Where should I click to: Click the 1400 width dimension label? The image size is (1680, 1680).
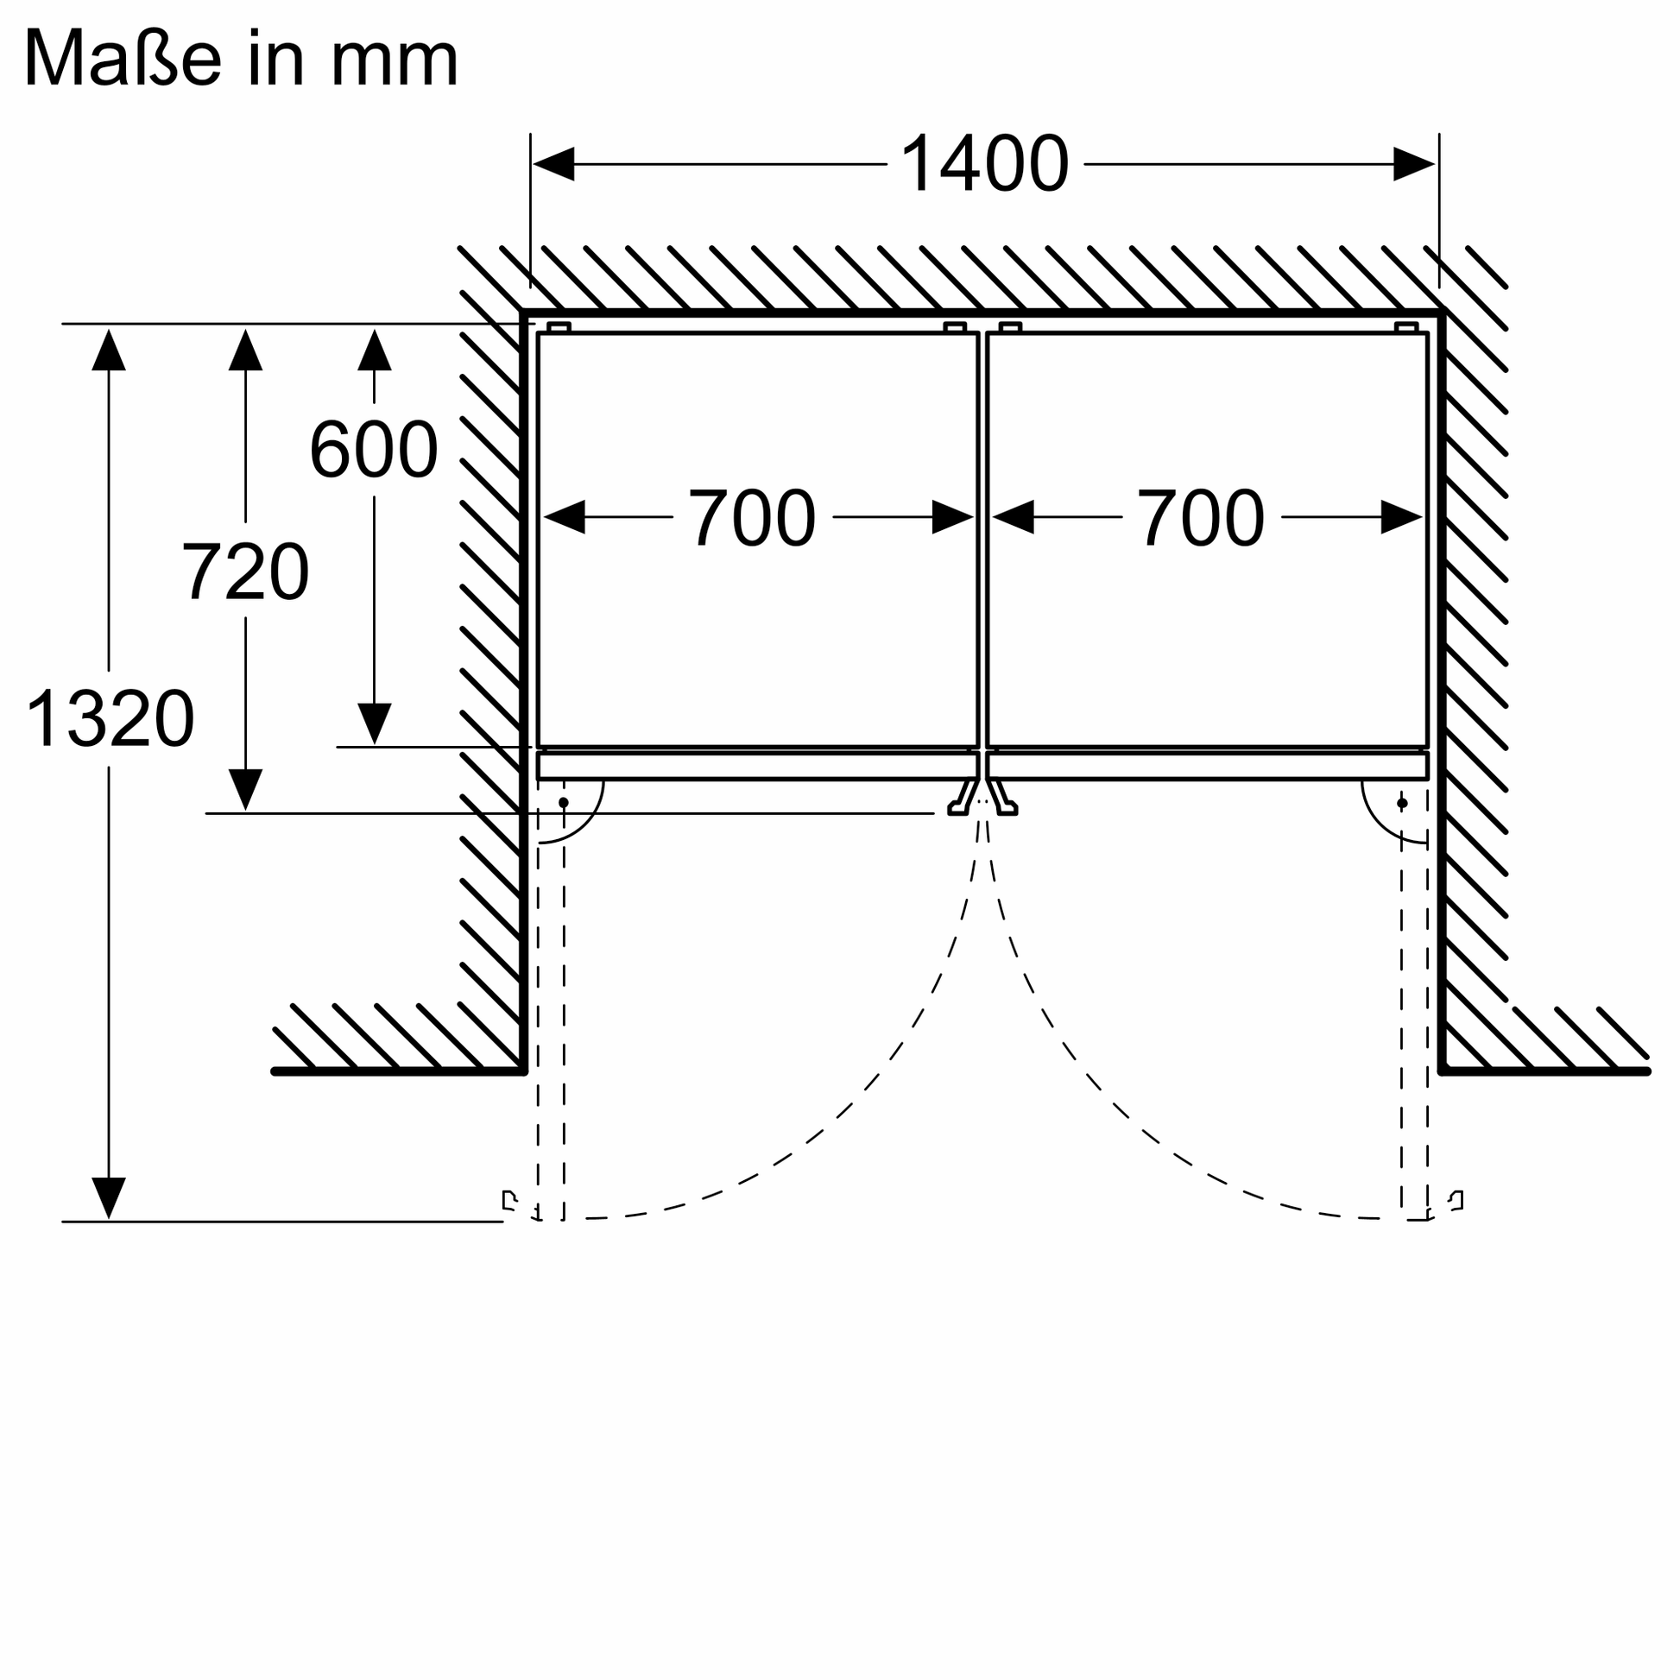(984, 164)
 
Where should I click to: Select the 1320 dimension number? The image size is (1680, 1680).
(111, 718)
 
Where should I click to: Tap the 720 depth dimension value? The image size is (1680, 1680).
(245, 572)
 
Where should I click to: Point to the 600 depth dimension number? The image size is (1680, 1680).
(374, 450)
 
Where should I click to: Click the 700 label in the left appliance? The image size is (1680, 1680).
(752, 518)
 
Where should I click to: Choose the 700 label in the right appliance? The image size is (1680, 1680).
(1201, 518)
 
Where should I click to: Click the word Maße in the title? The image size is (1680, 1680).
(121, 59)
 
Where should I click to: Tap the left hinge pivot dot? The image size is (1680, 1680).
(564, 803)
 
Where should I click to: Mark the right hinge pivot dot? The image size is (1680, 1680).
(1402, 803)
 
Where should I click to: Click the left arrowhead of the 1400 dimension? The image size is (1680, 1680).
(554, 164)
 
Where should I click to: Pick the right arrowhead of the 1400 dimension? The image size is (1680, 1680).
(1413, 164)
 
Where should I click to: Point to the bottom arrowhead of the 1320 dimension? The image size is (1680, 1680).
(109, 1197)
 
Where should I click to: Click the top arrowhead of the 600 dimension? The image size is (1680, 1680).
(374, 351)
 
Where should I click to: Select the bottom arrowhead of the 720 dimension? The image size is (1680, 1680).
(245, 789)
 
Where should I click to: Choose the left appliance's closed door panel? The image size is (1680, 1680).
(756, 766)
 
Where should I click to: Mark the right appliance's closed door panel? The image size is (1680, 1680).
(1207, 766)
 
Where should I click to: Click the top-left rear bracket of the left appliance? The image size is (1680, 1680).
(559, 327)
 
